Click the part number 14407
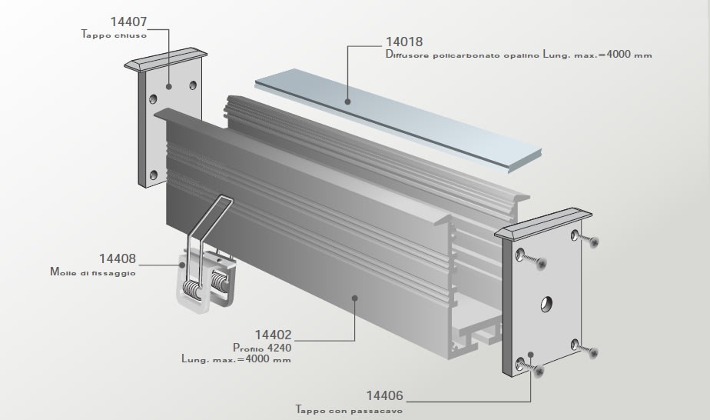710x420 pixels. point(128,22)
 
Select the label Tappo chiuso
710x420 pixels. point(114,35)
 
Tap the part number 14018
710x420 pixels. point(404,42)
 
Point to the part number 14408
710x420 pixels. point(118,258)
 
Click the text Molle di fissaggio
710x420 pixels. point(93,272)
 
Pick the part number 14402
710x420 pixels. point(273,335)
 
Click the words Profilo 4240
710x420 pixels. point(262,348)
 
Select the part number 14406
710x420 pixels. point(384,395)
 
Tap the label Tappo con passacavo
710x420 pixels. point(349,410)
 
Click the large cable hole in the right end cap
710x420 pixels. point(546,304)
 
